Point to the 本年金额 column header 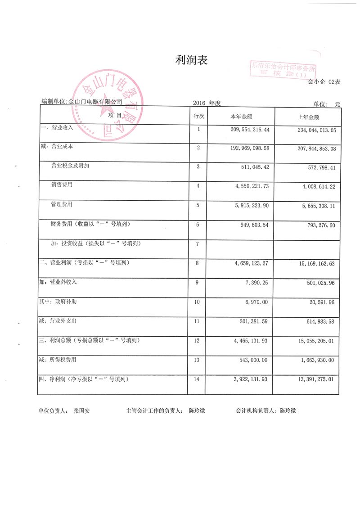coord(241,117)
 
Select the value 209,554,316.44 coord(248,130)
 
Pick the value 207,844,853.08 coord(313,148)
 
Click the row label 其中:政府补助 coord(58,302)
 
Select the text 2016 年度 coord(207,103)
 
